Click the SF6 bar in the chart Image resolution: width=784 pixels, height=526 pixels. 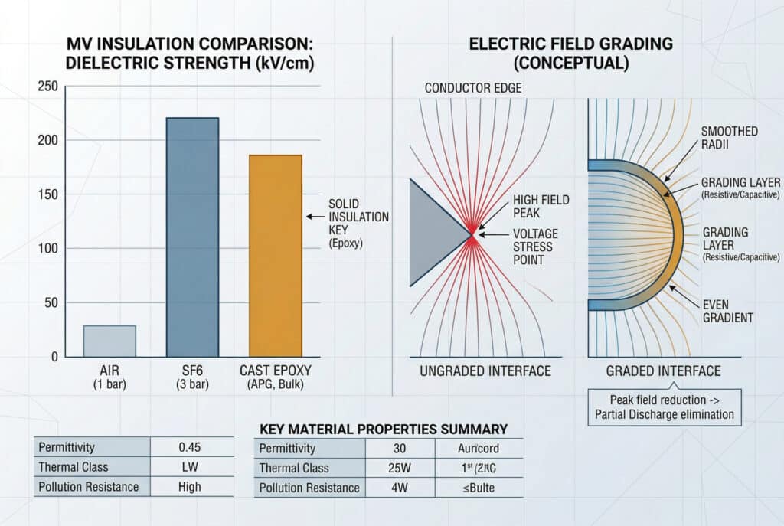coord(192,237)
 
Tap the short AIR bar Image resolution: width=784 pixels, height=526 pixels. coord(109,341)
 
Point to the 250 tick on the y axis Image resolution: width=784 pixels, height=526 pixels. coord(47,87)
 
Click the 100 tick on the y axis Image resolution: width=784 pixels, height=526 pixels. coord(47,249)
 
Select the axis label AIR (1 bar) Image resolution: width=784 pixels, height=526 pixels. coord(109,377)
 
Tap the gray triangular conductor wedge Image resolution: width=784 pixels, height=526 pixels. coord(435,232)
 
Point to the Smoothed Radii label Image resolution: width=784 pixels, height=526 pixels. coord(728,139)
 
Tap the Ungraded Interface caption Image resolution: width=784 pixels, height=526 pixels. coord(485,371)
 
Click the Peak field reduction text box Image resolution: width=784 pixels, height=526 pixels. coord(663,408)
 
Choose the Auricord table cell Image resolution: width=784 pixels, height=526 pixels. coord(479,449)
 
